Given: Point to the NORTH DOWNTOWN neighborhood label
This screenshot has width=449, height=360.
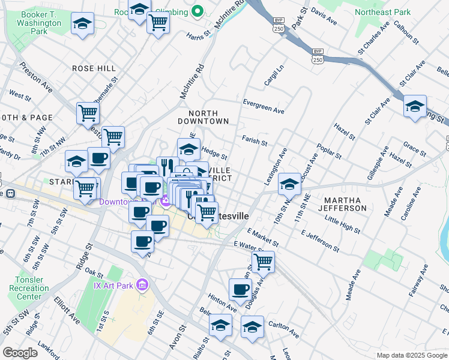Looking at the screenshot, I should (x=208, y=117).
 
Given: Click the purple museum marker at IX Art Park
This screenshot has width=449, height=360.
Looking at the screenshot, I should (x=142, y=284).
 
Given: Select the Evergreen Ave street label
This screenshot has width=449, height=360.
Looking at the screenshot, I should (x=263, y=106).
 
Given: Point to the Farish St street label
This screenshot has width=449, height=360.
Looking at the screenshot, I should (x=255, y=141).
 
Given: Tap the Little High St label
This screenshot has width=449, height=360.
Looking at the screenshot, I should (x=342, y=226).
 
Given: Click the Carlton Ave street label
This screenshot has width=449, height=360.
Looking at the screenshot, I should (x=283, y=328).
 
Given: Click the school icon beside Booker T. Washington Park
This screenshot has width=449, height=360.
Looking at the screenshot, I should (x=83, y=24).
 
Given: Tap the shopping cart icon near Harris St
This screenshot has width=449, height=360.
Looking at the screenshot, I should (x=158, y=23).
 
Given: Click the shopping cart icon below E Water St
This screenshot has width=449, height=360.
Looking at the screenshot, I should (x=263, y=261).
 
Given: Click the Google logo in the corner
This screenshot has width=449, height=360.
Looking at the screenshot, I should (x=20, y=353).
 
